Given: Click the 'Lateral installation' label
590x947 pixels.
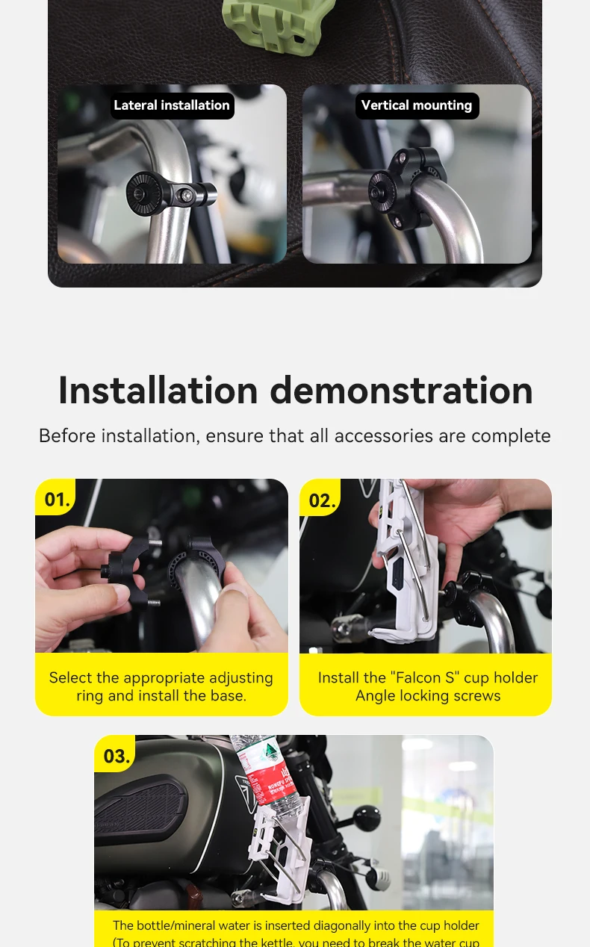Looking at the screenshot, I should click(x=172, y=105).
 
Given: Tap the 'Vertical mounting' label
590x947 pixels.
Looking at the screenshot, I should click(x=417, y=105).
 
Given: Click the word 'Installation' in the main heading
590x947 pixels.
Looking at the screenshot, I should click(x=158, y=390).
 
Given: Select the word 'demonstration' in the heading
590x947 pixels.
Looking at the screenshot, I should click(x=401, y=390).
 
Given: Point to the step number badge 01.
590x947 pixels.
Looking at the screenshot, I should click(x=57, y=499).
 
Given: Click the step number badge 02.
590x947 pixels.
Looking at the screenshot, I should click(x=322, y=500).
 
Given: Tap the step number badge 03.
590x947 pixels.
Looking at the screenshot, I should click(x=117, y=756).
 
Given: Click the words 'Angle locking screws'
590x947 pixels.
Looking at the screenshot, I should click(x=428, y=696).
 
